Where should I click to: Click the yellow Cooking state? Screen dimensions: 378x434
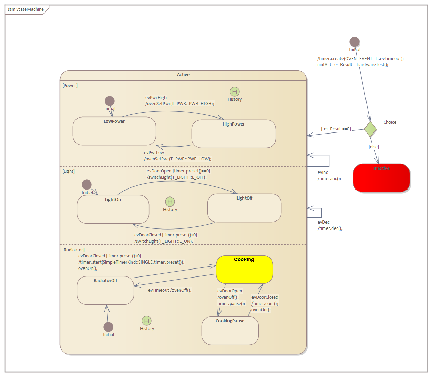tap(244, 270)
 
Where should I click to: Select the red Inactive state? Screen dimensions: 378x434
tap(381, 178)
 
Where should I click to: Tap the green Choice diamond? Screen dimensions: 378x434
tap(370, 129)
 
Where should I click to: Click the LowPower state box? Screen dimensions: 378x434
tap(114, 131)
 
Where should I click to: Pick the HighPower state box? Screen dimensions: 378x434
tap(234, 134)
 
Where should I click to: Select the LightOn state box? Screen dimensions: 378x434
tap(113, 209)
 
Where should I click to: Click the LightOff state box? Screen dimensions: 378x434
tap(244, 208)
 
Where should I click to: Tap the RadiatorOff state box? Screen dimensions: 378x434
tap(105, 290)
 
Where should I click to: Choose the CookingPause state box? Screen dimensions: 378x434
tap(230, 331)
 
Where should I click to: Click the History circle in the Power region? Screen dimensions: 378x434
tap(235, 91)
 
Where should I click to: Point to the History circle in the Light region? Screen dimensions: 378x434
tap(170, 202)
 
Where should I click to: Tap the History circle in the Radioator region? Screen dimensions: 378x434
tap(147, 321)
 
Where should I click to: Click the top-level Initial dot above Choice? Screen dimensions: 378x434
tap(354, 42)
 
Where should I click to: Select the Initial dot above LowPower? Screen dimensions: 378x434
tap(110, 101)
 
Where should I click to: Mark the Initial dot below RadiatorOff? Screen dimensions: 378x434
tap(108, 327)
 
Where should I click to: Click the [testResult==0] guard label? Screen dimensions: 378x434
tap(336, 129)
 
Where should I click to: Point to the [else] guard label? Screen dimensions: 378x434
tap(374, 147)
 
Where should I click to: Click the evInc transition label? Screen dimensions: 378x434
tap(323, 172)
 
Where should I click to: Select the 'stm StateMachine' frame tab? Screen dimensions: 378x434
tap(26, 9)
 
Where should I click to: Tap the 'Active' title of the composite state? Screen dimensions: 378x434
tap(183, 75)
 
